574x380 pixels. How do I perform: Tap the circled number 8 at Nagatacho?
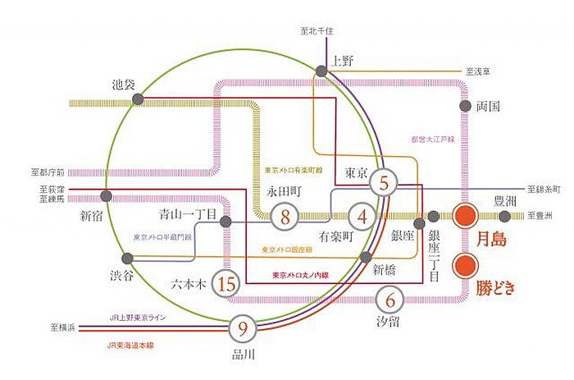point(285,217)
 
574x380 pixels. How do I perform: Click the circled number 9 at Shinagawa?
point(243,329)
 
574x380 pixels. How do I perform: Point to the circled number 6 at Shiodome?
point(390,300)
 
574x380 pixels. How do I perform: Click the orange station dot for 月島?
point(467,217)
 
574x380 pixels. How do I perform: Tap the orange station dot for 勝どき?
point(467,264)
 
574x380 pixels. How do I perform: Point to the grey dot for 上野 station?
point(319,71)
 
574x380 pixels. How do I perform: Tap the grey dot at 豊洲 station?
point(504,217)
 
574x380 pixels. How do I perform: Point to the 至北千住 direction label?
point(318,31)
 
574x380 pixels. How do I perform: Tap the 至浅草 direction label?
point(479,71)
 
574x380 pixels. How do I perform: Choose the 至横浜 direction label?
point(62,328)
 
